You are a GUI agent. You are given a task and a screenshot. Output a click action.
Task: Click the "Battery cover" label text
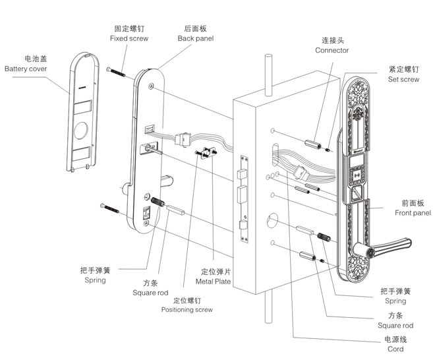pyautogui.click(x=26, y=69)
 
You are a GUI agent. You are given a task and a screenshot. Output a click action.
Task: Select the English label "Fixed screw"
pyautogui.click(x=129, y=38)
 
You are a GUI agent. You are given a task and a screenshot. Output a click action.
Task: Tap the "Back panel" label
pyautogui.click(x=196, y=38)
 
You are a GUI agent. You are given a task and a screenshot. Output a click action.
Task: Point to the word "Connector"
pyautogui.click(x=332, y=50)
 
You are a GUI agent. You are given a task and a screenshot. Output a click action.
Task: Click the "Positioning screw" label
pyautogui.click(x=187, y=309)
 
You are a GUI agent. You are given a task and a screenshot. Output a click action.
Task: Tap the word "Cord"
pyautogui.click(x=395, y=349)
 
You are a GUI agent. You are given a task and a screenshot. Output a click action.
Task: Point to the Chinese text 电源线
pyautogui.click(x=395, y=339)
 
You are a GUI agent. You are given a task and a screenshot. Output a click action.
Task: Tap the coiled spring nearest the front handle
pyautogui.click(x=324, y=237)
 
